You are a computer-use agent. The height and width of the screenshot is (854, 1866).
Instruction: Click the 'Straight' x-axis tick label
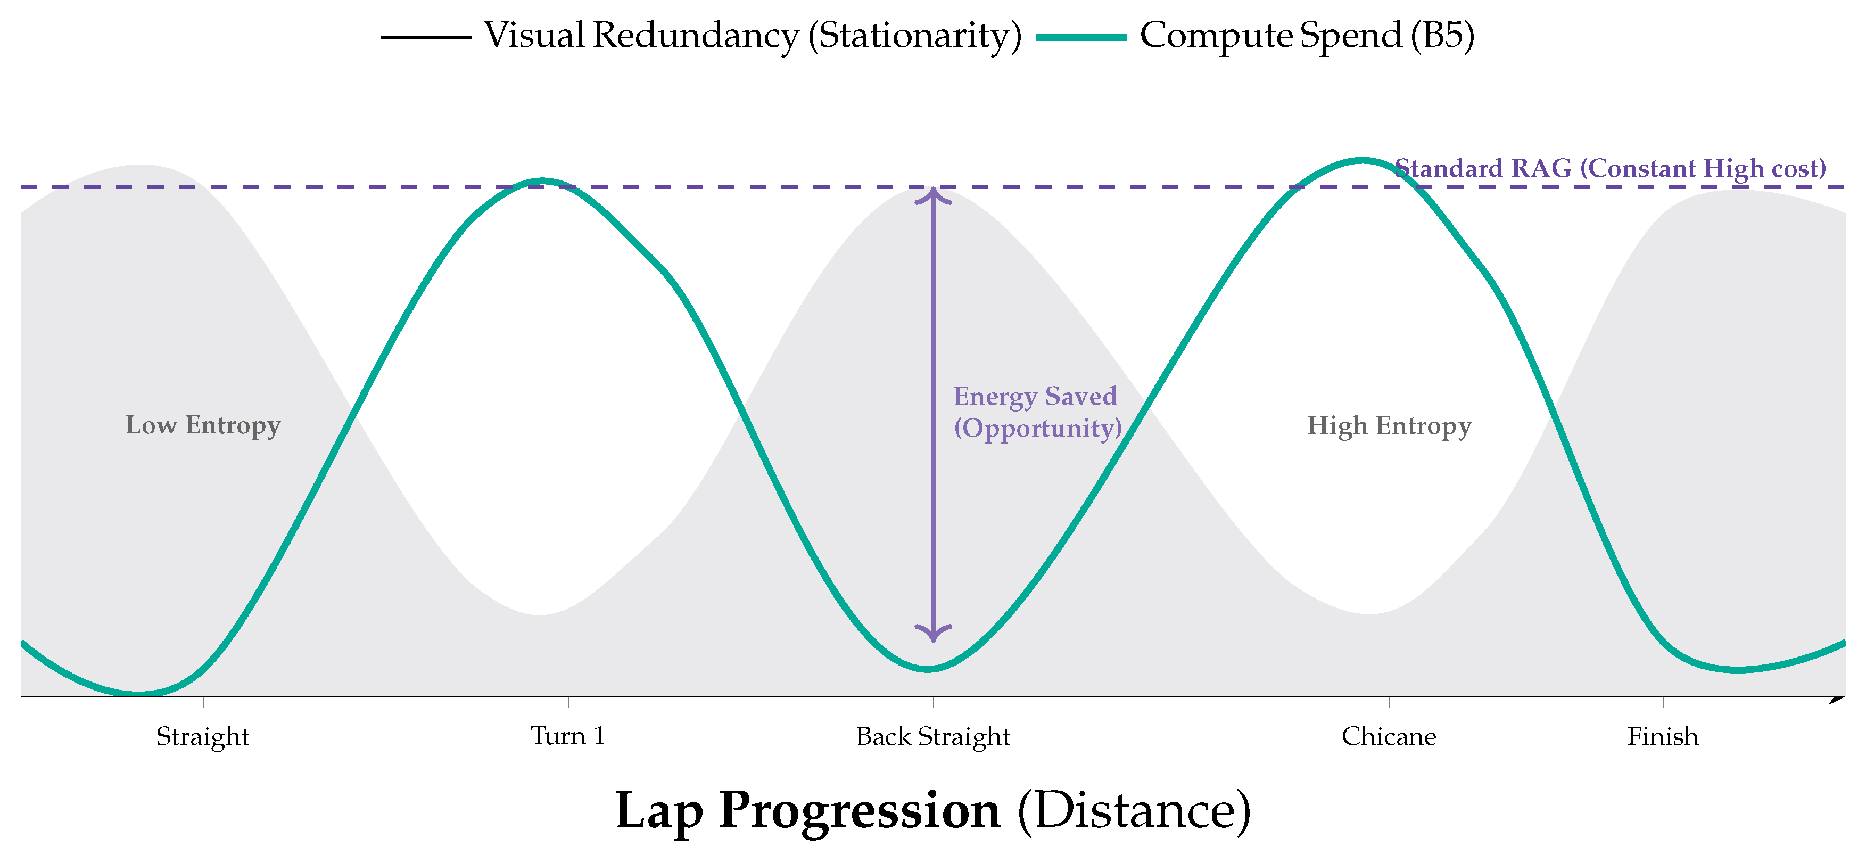tap(202, 737)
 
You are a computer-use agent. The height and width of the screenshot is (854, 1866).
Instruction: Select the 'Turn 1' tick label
tap(567, 736)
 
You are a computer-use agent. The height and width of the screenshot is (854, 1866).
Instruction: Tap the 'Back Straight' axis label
tap(932, 737)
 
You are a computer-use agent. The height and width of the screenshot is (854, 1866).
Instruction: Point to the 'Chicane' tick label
tap(1388, 737)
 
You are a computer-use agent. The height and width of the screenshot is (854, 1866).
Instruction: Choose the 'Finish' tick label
tap(1663, 737)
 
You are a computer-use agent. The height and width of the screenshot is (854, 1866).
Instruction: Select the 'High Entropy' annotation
tap(1389, 425)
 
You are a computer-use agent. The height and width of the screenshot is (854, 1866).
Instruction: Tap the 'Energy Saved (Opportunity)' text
tap(1037, 412)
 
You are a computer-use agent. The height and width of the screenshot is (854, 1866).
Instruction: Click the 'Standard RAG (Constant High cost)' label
tap(1609, 168)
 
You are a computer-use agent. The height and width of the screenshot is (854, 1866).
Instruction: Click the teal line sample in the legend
tap(1081, 36)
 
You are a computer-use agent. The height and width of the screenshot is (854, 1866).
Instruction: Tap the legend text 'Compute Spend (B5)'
tap(1307, 35)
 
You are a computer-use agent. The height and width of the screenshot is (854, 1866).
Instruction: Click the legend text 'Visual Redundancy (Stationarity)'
tap(752, 35)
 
